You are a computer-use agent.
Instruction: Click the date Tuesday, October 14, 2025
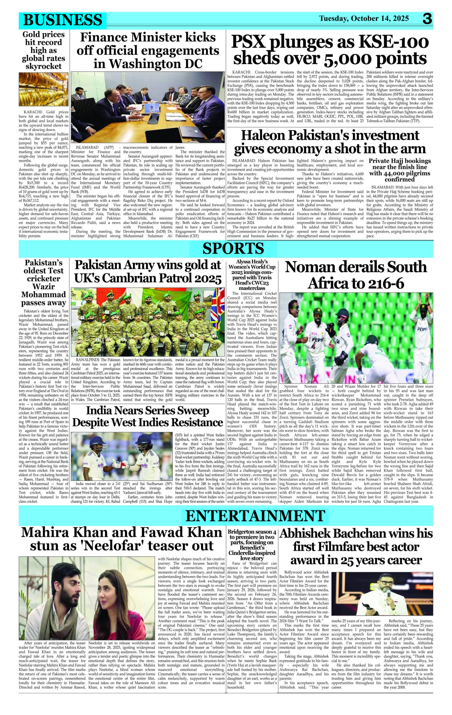pos(364,18)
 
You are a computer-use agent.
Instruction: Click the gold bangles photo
pos(44,89)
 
